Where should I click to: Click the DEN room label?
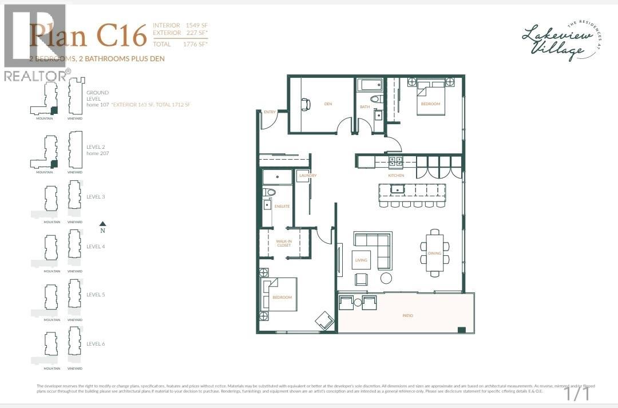point(328,104)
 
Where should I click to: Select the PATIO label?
point(407,316)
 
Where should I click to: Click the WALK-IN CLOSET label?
point(284,243)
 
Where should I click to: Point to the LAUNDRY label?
point(307,175)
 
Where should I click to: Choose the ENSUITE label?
point(282,206)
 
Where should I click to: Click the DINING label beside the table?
point(434,252)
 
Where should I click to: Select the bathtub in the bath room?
point(370,86)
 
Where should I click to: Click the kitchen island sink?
point(398,189)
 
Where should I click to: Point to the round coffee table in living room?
point(386,278)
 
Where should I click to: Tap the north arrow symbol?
point(102,224)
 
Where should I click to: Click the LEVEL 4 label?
point(96,247)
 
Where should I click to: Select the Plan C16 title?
point(89,35)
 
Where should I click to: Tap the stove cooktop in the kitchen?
point(395,162)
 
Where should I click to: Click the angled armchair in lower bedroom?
point(325,320)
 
